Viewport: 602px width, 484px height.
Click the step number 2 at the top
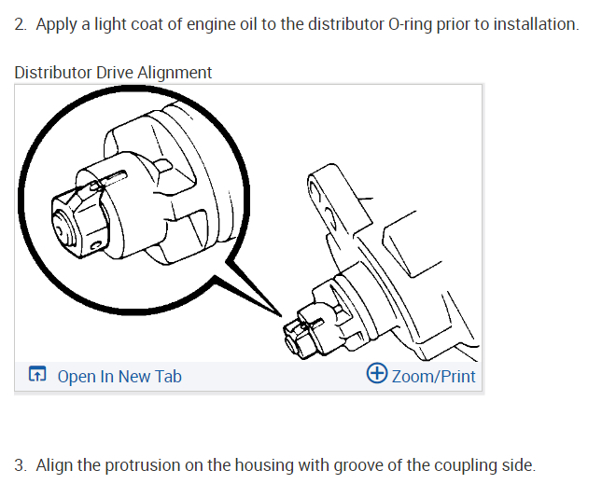[20, 23]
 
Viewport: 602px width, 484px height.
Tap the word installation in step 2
[535, 23]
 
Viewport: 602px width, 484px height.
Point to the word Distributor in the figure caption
[52, 73]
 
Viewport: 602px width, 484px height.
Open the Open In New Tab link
[119, 377]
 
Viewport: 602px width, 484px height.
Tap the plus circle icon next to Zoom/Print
[377, 375]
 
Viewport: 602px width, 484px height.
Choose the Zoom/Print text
[434, 377]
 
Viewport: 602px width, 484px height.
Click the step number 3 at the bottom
[20, 465]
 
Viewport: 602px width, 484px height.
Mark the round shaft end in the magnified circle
[63, 225]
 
